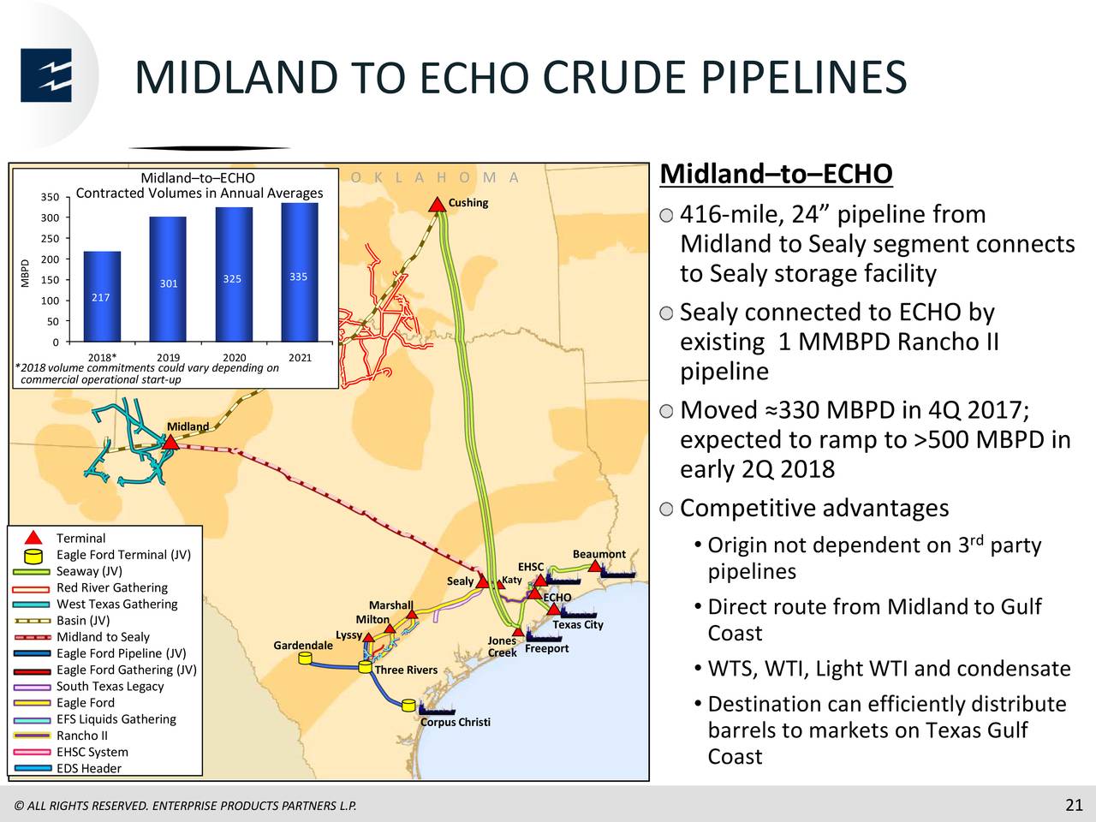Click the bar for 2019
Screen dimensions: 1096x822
(x=168, y=279)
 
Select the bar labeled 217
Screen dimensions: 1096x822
(x=102, y=296)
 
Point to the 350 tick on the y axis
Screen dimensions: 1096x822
(x=50, y=197)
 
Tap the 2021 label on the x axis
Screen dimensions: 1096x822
(x=300, y=357)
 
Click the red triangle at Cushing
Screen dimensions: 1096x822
(x=437, y=205)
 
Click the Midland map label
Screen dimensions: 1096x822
(x=188, y=426)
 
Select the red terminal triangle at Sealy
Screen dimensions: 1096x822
(x=482, y=581)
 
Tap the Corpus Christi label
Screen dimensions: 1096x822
(x=456, y=722)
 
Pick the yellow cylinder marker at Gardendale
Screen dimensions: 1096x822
(x=305, y=658)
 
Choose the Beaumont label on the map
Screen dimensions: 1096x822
(x=599, y=554)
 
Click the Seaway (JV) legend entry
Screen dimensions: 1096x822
(x=89, y=571)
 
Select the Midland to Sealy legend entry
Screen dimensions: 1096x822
(x=103, y=637)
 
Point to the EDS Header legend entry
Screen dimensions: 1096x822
(x=89, y=768)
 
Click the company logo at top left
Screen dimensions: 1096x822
(x=46, y=74)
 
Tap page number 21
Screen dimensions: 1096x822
(x=1074, y=805)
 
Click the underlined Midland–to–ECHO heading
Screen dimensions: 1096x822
(x=776, y=174)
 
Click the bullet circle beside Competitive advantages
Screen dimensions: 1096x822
(x=666, y=509)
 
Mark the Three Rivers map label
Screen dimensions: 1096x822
(x=406, y=670)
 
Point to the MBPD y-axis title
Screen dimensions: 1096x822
(x=25, y=273)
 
